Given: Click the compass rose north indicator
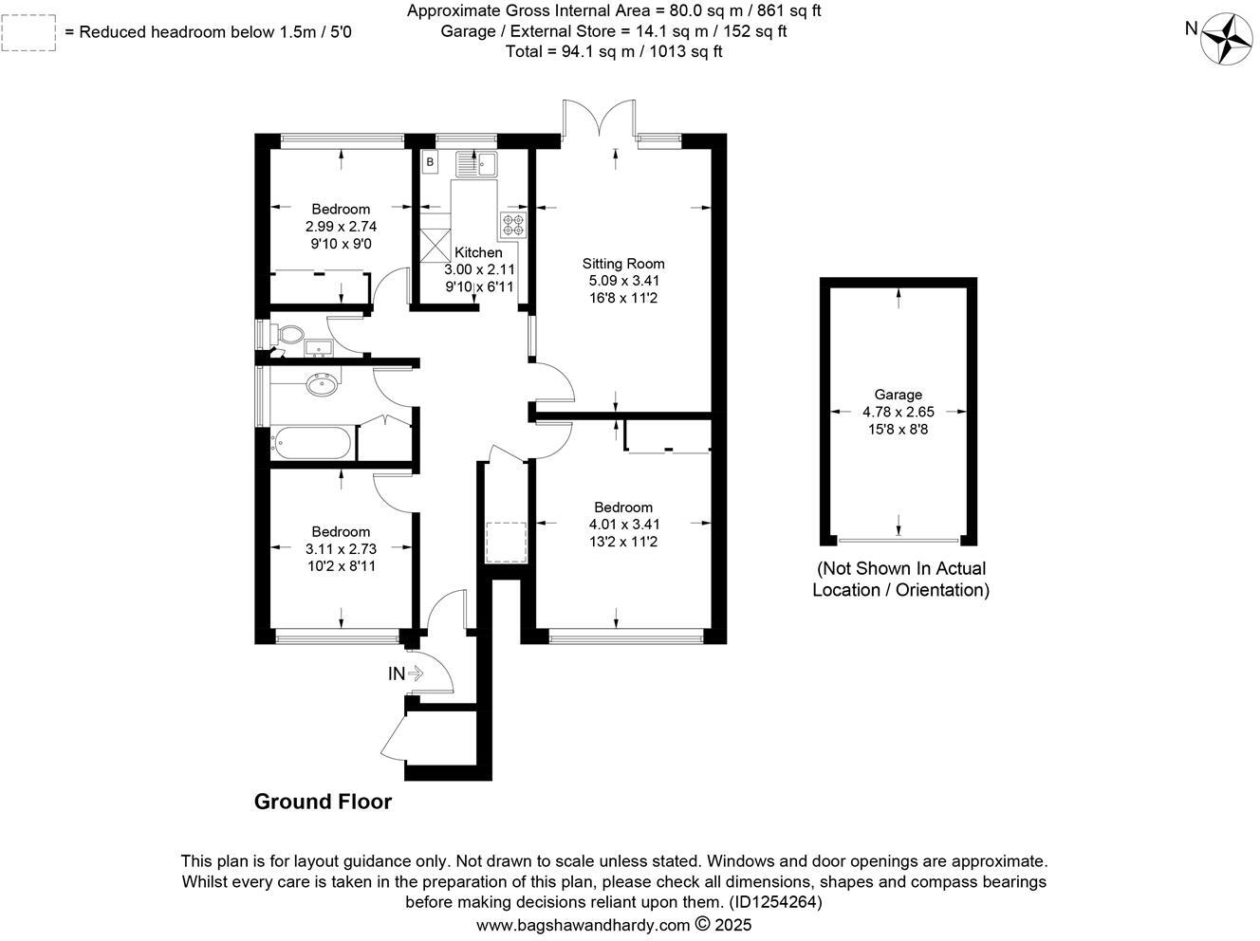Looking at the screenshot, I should pyautogui.click(x=1227, y=40).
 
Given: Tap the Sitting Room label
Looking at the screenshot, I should pyautogui.click(x=622, y=264).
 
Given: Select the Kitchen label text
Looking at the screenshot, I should pyautogui.click(x=478, y=252).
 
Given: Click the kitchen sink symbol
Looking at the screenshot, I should pyautogui.click(x=476, y=164).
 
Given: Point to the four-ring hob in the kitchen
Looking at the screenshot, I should pyautogui.click(x=512, y=225).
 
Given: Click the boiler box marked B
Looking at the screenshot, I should pyautogui.click(x=430, y=162).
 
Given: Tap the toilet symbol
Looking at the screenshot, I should pyautogui.click(x=286, y=335).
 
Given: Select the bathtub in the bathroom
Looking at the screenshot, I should pyautogui.click(x=312, y=442).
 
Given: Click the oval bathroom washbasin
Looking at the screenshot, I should pyautogui.click(x=320, y=384).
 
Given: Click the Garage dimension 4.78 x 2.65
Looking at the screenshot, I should pyautogui.click(x=898, y=412).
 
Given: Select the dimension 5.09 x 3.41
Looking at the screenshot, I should pyautogui.click(x=622, y=281).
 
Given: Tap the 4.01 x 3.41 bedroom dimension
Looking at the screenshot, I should pyautogui.click(x=622, y=524).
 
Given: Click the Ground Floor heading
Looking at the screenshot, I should pyautogui.click(x=323, y=802).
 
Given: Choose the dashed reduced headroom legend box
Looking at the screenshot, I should pyautogui.click(x=28, y=32).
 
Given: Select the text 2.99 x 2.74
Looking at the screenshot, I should pyautogui.click(x=341, y=226).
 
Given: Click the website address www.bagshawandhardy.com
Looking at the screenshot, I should pyautogui.click(x=583, y=924).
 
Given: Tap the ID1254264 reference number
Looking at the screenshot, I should pyautogui.click(x=774, y=902).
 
